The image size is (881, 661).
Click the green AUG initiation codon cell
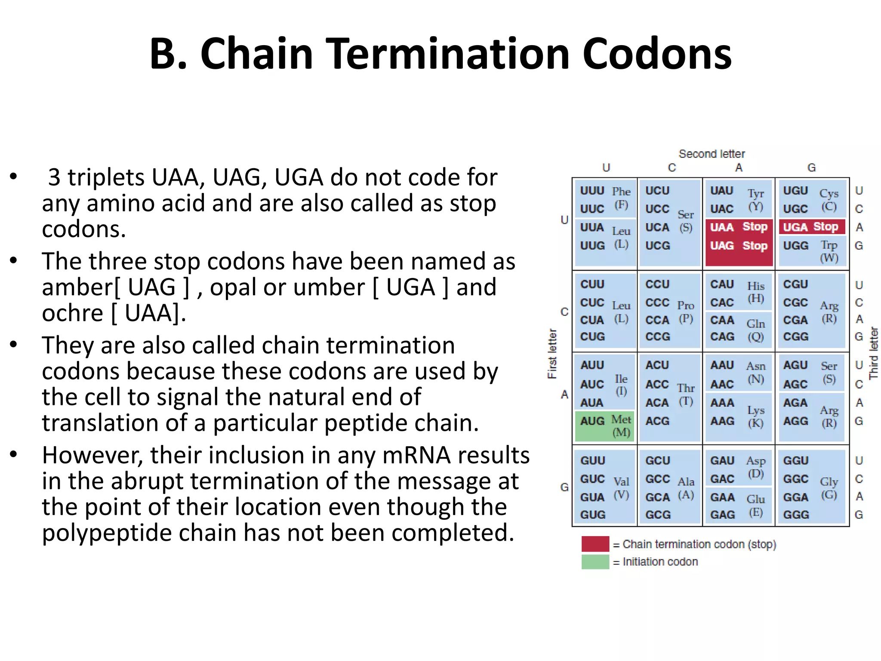point(604,426)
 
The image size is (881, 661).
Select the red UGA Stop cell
point(811,227)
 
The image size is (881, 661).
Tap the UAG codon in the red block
point(722,246)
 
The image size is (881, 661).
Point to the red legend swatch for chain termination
point(595,544)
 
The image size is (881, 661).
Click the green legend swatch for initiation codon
point(595,562)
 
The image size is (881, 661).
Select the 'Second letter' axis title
point(712,154)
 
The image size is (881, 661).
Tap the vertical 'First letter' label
point(552,354)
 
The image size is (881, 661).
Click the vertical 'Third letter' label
point(873,353)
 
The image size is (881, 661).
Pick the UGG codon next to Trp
point(795,246)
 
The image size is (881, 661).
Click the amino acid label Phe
point(621,191)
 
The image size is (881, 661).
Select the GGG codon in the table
point(796,515)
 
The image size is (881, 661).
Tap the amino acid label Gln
point(755,324)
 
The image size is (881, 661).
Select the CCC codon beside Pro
point(657,303)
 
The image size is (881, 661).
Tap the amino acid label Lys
point(755,410)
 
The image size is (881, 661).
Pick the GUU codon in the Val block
point(592,460)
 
